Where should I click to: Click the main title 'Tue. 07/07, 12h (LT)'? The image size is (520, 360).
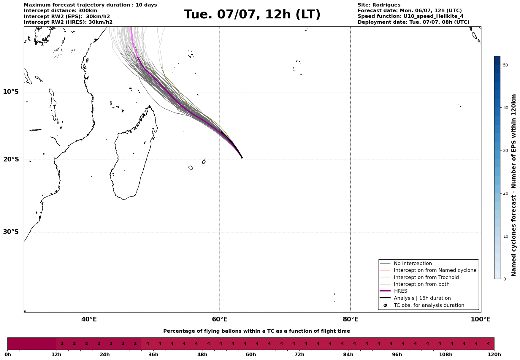pyautogui.click(x=252, y=15)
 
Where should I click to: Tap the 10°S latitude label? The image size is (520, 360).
pyautogui.click(x=11, y=92)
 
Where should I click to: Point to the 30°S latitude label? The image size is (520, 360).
pyautogui.click(x=11, y=232)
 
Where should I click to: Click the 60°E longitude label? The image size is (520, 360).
pyautogui.click(x=220, y=319)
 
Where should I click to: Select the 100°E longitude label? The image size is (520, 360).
pyautogui.click(x=481, y=319)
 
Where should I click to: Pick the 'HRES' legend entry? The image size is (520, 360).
pyautogui.click(x=400, y=291)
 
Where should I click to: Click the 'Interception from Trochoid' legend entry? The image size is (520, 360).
pyautogui.click(x=426, y=277)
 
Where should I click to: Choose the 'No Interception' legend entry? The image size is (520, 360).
pyautogui.click(x=413, y=264)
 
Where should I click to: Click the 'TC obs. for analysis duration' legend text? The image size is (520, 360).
pyautogui.click(x=429, y=305)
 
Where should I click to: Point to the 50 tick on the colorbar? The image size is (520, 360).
pyautogui.click(x=505, y=65)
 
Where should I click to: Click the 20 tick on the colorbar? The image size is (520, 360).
pyautogui.click(x=505, y=194)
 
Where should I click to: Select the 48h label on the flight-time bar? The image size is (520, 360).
pyautogui.click(x=202, y=355)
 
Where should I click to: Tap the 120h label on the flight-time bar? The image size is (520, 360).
pyautogui.click(x=494, y=355)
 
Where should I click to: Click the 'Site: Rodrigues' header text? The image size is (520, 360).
pyautogui.click(x=379, y=5)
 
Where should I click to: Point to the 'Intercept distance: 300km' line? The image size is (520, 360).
pyautogui.click(x=61, y=11)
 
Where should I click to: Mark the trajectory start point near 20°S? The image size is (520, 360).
pyautogui.click(x=242, y=158)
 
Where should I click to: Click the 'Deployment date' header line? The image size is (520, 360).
pyautogui.click(x=413, y=22)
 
